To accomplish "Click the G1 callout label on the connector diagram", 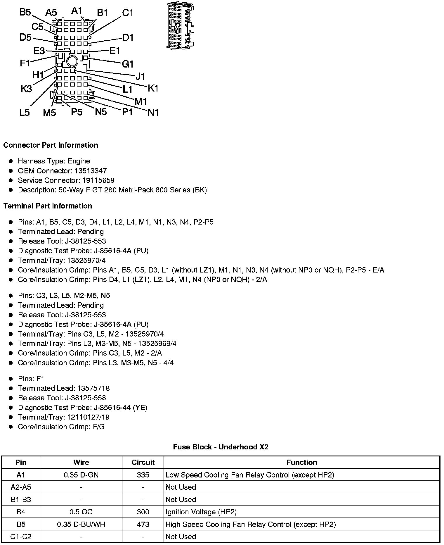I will (x=128, y=64).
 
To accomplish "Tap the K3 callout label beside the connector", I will (x=26, y=89).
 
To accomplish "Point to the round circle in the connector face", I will (x=72, y=61).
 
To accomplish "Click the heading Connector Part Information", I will (x=51, y=145).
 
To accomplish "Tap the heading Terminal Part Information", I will (x=48, y=206).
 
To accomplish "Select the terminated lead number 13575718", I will (x=93, y=388).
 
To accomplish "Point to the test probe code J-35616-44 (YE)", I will (x=120, y=408).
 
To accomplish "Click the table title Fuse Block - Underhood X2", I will (x=221, y=447).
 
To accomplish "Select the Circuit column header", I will (x=143, y=462).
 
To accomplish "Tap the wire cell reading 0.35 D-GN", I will (x=81, y=475).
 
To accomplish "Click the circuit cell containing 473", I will (x=143, y=524).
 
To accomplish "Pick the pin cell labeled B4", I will (x=21, y=512).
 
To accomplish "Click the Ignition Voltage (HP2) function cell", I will (x=201, y=512).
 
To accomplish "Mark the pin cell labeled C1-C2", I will (x=21, y=537).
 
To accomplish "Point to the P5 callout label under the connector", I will (x=77, y=112).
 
